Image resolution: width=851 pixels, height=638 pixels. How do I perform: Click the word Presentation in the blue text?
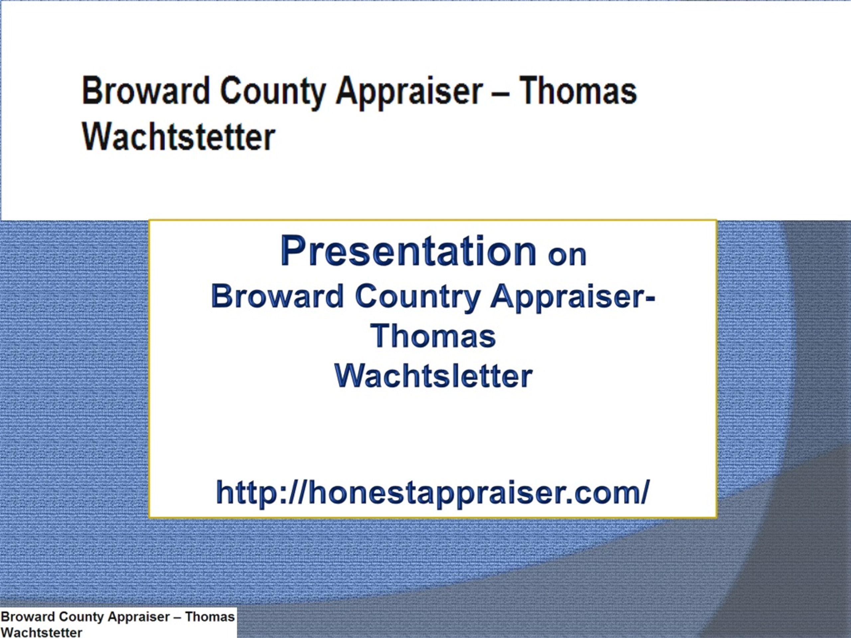409,251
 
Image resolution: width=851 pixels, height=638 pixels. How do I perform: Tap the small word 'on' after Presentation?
567,255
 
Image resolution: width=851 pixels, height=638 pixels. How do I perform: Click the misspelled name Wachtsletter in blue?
433,376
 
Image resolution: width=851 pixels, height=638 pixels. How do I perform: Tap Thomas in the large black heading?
578,91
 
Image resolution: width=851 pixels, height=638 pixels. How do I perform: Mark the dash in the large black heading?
501,94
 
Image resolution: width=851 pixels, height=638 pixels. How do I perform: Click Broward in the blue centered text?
277,296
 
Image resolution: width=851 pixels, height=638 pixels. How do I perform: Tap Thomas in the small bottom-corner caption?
210,616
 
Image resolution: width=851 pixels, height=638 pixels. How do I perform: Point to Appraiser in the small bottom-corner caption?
139,617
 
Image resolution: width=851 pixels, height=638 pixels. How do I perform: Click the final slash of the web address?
644,492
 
